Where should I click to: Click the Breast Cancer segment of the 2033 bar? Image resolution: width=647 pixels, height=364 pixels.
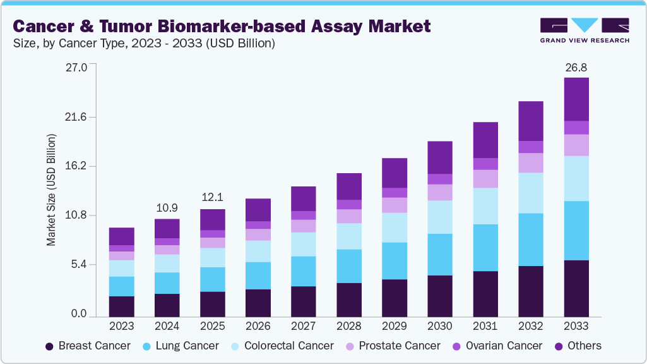(576, 288)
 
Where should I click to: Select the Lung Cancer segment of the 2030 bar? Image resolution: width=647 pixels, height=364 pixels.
(440, 255)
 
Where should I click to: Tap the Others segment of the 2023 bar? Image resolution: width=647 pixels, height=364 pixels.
(121, 236)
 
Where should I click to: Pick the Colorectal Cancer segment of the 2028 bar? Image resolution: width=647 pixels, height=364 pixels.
(349, 236)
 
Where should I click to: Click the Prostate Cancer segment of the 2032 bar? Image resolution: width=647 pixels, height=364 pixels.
(531, 163)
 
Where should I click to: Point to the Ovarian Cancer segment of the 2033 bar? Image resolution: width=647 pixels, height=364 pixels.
(576, 128)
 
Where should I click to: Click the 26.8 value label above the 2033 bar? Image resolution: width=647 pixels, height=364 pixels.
(576, 67)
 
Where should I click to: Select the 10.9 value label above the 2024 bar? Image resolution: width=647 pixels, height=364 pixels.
(167, 208)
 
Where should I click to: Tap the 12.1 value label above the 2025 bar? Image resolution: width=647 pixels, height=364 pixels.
(213, 198)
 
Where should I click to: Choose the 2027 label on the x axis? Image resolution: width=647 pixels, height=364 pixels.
(304, 326)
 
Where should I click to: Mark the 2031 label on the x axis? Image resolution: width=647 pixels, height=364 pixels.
(485, 326)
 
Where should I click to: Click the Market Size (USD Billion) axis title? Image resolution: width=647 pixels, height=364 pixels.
(51, 190)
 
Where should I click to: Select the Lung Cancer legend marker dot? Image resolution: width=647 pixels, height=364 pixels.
(147, 346)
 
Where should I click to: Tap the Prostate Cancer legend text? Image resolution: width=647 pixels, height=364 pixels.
(400, 346)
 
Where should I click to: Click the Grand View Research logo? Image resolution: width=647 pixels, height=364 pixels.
(585, 30)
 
